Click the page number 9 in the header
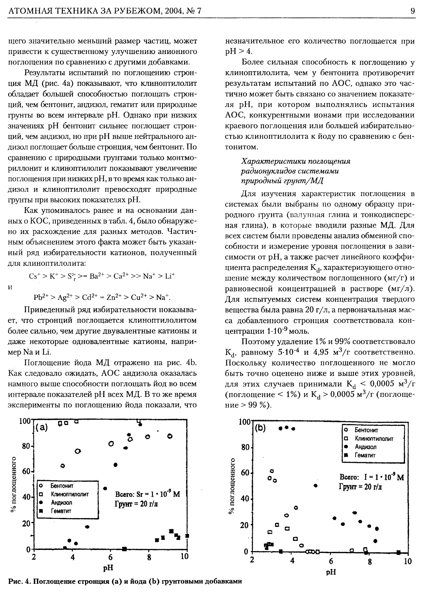coord(413,11)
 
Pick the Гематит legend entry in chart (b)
coord(365,455)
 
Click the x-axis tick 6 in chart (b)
coord(331,561)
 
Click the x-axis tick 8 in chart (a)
coord(149,557)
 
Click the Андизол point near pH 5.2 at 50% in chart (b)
coord(315,486)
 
